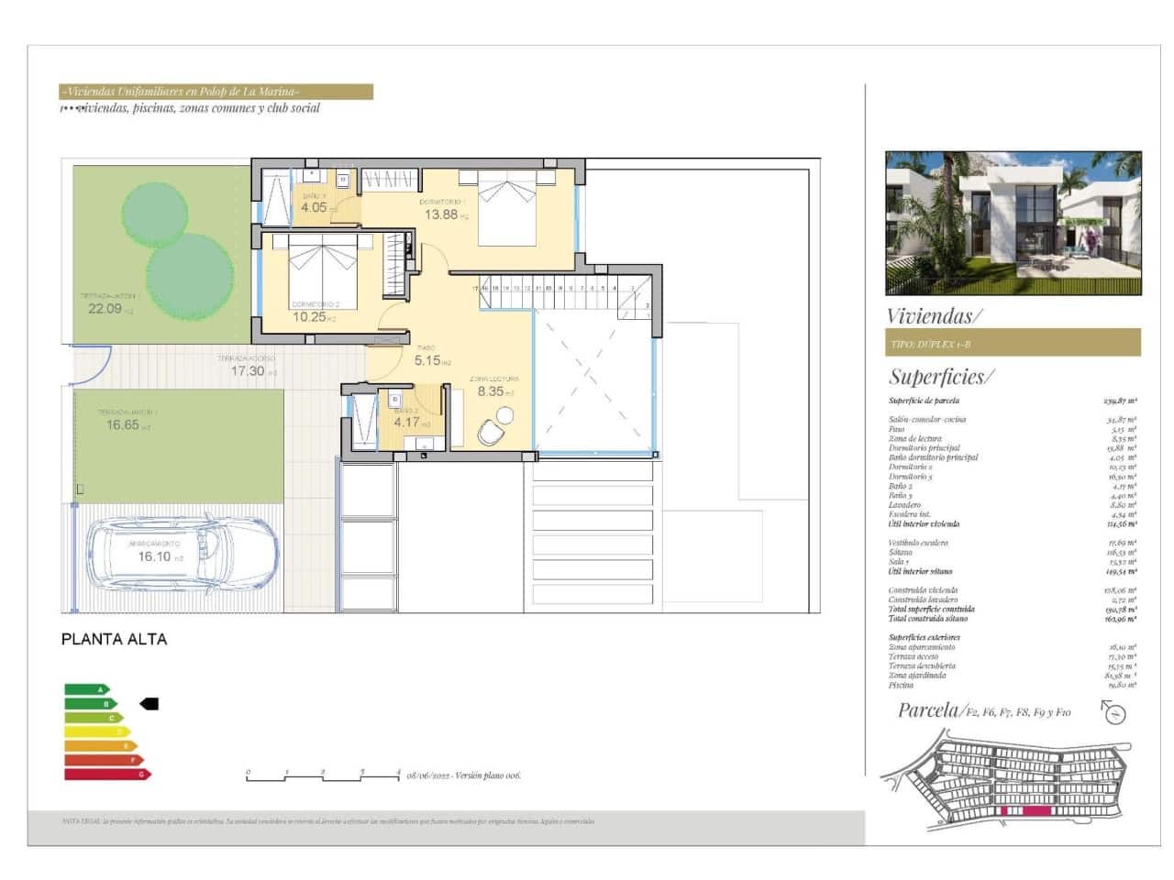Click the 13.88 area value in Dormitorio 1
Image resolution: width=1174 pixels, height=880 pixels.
coord(441,214)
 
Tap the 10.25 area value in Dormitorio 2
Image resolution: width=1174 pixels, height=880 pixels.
coord(309,317)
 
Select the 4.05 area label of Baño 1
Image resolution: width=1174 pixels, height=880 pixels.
coord(315,207)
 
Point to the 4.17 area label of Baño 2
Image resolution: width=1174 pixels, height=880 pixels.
coord(407,423)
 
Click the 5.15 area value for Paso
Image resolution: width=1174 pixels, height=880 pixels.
coord(427,360)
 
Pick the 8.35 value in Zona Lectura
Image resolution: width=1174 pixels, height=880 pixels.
coord(491,391)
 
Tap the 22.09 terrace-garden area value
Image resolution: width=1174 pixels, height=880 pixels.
coord(105,309)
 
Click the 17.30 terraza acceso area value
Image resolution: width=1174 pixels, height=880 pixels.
coord(248,371)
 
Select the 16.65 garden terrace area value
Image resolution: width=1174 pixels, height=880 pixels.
coord(123,424)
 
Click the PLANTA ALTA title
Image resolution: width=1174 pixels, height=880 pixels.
coord(115,639)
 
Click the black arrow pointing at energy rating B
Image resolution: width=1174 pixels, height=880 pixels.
coord(149,703)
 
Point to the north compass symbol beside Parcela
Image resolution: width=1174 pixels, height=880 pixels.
coord(1113,712)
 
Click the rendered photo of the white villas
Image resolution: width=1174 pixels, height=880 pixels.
coord(1013,224)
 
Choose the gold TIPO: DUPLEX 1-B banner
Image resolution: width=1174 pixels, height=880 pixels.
coord(1013,343)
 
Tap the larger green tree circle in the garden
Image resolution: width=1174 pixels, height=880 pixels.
coord(190,275)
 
